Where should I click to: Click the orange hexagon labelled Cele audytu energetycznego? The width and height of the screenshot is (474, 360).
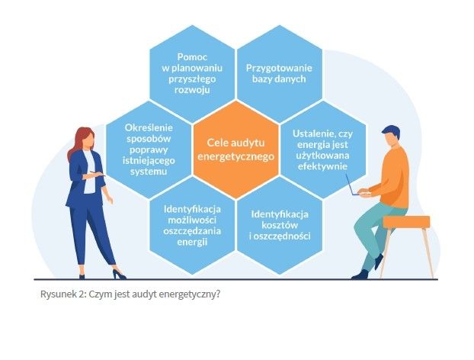click(x=235, y=149)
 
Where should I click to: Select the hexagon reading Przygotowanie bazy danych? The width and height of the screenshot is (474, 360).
click(x=280, y=73)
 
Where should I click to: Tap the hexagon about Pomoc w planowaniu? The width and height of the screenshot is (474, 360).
click(x=192, y=73)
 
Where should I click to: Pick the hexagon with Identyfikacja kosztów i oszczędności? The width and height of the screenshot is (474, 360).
click(x=280, y=226)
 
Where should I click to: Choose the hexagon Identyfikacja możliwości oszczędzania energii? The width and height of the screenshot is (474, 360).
click(x=192, y=226)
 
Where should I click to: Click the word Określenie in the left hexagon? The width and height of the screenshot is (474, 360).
click(x=149, y=127)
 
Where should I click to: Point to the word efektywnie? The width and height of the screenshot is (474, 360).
click(x=322, y=166)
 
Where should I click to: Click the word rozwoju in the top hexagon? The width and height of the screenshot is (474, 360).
click(x=192, y=90)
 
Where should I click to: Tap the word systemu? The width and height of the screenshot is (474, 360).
click(x=149, y=172)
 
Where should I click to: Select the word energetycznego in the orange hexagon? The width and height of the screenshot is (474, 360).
click(x=235, y=156)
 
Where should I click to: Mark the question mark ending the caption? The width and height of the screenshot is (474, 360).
click(x=218, y=294)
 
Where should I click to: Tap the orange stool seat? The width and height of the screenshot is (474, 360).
click(x=407, y=222)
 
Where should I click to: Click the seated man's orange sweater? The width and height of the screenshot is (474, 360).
click(x=393, y=175)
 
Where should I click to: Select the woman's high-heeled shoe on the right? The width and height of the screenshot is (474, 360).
click(x=119, y=275)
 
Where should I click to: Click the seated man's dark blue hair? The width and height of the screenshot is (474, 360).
click(x=392, y=131)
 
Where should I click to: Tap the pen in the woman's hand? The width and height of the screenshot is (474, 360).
click(x=97, y=173)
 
